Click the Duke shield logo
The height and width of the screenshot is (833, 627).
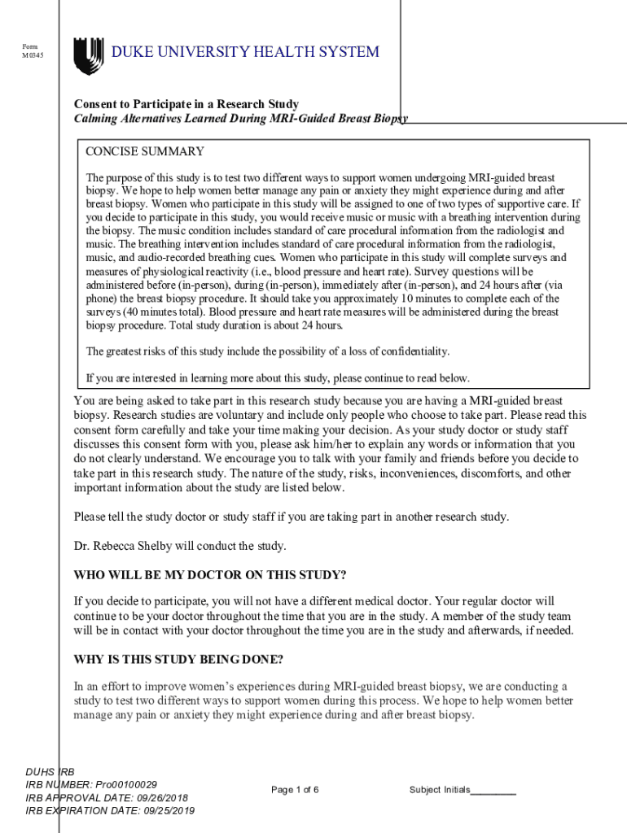point(88,55)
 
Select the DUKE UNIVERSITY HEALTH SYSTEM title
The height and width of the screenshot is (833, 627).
point(245,53)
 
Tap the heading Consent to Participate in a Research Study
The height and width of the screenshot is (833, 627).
point(186,104)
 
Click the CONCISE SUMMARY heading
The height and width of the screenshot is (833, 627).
point(145,151)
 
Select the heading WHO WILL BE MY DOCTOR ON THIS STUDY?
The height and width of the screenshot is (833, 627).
point(210,575)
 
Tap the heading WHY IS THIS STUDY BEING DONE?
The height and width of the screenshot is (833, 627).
point(178,659)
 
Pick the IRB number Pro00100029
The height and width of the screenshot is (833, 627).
point(126,784)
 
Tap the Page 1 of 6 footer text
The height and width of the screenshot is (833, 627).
point(295,790)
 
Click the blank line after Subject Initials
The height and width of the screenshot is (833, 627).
point(493,791)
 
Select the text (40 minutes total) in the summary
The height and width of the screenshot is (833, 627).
point(164,312)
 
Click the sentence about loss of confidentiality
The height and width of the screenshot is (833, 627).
point(267,351)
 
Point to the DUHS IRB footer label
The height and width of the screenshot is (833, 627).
point(50,771)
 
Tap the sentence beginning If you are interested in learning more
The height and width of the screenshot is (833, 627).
point(278,377)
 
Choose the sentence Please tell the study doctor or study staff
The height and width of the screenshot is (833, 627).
point(291,517)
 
